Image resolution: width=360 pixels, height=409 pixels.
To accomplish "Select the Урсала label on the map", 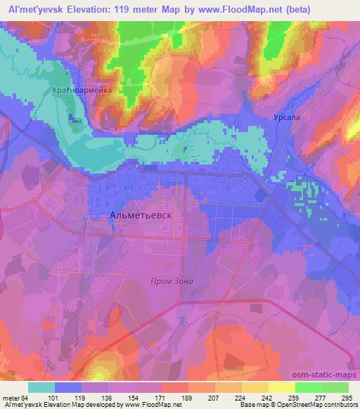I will pos(287,118).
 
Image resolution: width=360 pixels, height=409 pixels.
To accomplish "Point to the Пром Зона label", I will pos(172,281).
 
